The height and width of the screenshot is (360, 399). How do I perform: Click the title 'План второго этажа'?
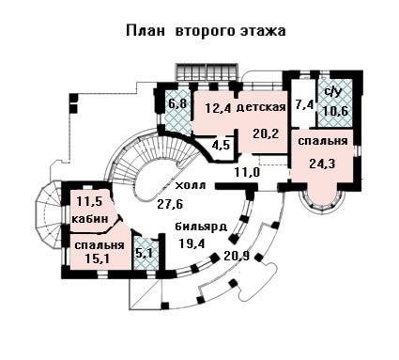coord(206,31)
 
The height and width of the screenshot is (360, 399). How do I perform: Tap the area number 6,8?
coord(177,103)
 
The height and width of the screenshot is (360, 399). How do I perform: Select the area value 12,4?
coord(218,108)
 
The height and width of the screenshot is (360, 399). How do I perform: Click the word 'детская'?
coord(261,107)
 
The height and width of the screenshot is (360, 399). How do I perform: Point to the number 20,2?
coord(266,133)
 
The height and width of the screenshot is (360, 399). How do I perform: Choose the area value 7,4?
coord(304,104)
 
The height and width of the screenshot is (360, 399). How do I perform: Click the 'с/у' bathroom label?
coord(332,92)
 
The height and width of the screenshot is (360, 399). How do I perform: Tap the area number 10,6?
coord(336,111)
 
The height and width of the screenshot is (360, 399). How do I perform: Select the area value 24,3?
coord(322,164)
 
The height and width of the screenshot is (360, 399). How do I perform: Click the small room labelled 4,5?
coord(221,146)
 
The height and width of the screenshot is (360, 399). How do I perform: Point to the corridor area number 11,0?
coord(247,172)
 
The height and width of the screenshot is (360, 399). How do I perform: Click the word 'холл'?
coord(191,185)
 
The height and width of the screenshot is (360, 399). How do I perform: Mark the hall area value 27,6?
coord(170,205)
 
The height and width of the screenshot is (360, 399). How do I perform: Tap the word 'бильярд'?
coord(201,227)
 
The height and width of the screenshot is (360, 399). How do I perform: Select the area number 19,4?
coord(192,243)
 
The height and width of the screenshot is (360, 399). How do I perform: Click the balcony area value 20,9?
coord(237,257)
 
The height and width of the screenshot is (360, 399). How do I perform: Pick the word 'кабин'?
coord(90,218)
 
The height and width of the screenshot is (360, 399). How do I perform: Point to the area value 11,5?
coord(89,201)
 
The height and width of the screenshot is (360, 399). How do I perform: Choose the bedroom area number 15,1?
coord(98,258)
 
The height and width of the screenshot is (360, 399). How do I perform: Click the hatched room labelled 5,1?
coord(145,253)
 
